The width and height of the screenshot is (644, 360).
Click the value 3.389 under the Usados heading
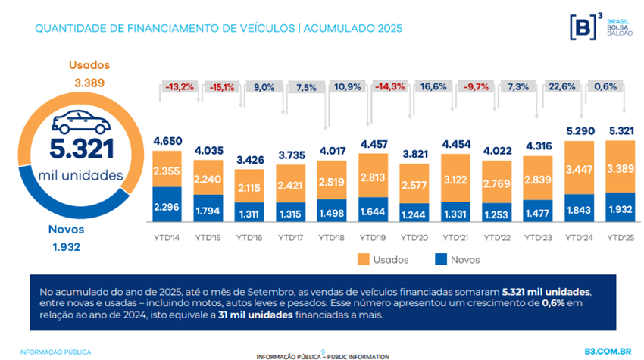[89, 82]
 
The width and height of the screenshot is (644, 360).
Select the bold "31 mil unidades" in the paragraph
[253, 317]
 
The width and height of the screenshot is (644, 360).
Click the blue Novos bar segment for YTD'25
[621, 207]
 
